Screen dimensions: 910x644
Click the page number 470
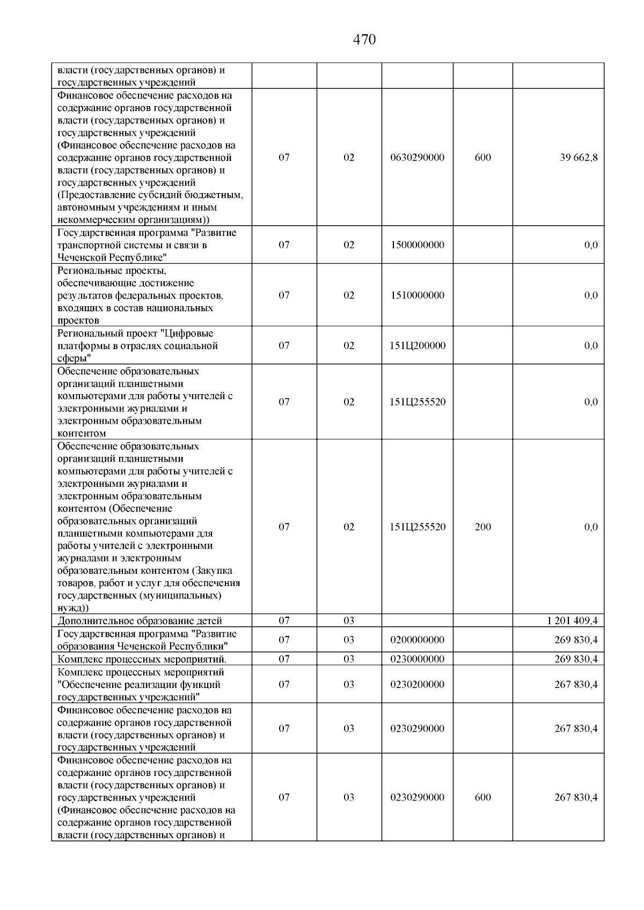(364, 40)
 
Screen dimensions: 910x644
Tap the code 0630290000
(417, 158)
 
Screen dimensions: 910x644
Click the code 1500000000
(417, 245)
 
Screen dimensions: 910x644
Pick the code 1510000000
(417, 295)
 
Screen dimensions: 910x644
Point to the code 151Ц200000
(417, 346)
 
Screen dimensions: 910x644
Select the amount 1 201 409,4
(572, 621)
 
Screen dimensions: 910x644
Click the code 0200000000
(417, 640)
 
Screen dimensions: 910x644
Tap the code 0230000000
(417, 659)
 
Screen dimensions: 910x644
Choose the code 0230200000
(417, 685)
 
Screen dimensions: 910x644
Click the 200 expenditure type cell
(482, 527)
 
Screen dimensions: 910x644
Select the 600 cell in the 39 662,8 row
(482, 158)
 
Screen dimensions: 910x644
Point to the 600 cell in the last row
(482, 797)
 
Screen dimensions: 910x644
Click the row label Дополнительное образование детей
(140, 621)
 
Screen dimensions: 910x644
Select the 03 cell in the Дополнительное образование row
(349, 621)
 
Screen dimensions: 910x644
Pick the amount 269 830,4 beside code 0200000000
(576, 640)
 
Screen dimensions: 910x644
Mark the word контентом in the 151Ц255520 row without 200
(82, 433)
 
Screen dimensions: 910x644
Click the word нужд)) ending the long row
(73, 608)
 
